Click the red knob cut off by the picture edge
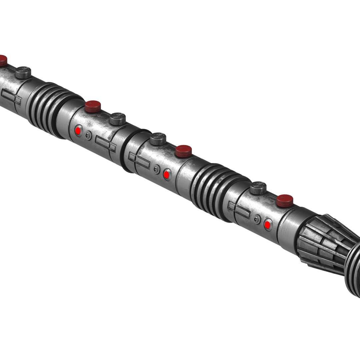coord(3,61)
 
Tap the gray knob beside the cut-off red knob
coord(23,72)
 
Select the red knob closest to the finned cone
coord(285,201)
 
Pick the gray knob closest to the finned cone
coord(258,188)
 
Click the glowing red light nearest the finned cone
coord(267,225)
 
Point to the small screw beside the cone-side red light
coord(257,219)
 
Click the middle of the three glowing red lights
coord(167,174)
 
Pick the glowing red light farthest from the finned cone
coord(78,130)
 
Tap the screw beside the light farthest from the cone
coord(88,135)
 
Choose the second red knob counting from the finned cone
coord(184,151)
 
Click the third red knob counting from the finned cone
coord(93,106)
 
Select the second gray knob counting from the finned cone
coord(158,139)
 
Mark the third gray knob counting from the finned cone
coord(118,119)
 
